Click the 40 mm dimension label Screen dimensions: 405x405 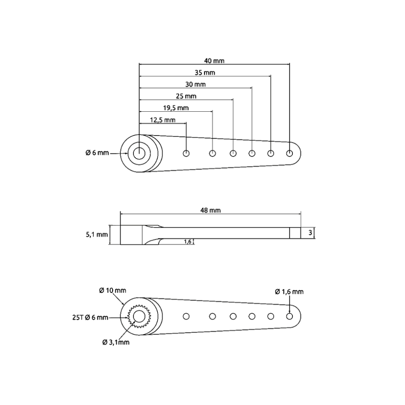214,61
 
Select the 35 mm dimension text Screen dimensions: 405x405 205,73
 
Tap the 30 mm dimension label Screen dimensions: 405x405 195,85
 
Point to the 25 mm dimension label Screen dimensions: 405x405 186,96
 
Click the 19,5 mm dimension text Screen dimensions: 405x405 176,108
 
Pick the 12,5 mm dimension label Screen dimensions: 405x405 163,120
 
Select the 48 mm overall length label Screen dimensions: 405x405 210,210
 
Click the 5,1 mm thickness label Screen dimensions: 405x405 97,235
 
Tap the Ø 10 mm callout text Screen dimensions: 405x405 113,291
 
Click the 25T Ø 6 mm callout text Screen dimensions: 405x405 90,318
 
